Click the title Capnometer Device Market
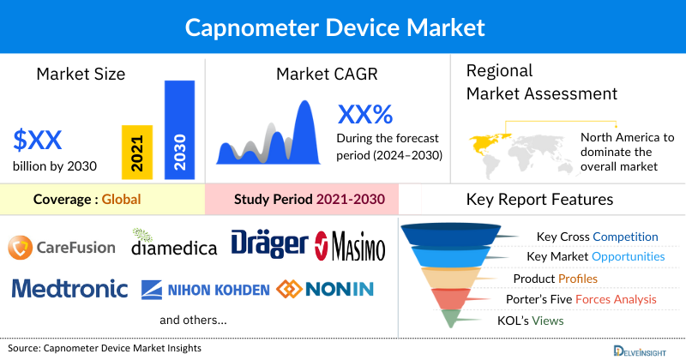tap(343, 27)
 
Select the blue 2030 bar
tap(179, 129)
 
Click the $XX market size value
tap(38, 138)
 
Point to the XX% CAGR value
tap(364, 114)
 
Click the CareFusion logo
tap(61, 247)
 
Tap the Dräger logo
tap(268, 243)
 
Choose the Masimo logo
tap(350, 245)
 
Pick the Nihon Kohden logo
tap(206, 289)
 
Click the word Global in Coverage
tap(121, 201)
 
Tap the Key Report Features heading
tap(539, 200)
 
